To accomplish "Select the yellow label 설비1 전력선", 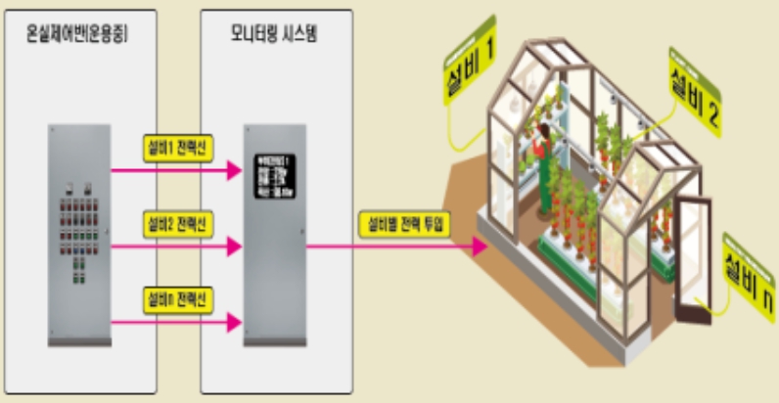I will [176, 147].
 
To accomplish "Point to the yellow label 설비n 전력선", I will [176, 294].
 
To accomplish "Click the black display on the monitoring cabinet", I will [273, 177].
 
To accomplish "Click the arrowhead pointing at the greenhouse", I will [480, 246].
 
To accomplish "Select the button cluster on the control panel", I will [78, 235].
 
